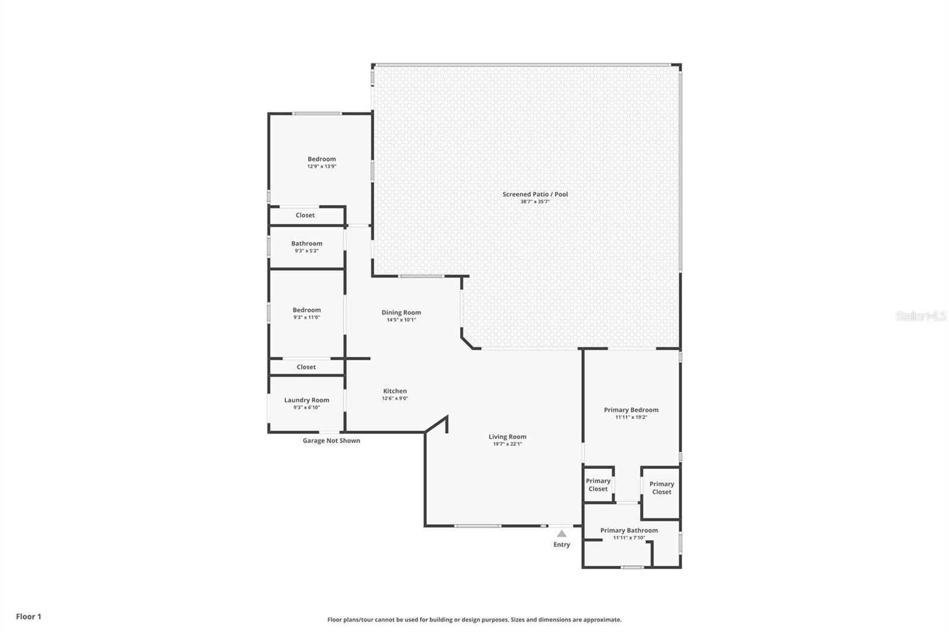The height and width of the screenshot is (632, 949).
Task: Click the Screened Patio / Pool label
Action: tap(535, 194)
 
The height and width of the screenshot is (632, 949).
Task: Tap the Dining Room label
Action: tap(401, 312)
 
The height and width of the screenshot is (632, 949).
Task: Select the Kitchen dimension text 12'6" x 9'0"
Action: tap(395, 398)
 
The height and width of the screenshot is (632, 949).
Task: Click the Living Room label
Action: tap(507, 437)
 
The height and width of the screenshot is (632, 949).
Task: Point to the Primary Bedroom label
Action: tap(631, 410)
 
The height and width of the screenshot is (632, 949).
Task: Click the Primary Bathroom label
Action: tap(629, 531)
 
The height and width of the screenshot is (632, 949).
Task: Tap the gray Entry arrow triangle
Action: tap(562, 534)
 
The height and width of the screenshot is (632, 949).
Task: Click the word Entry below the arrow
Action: tap(562, 545)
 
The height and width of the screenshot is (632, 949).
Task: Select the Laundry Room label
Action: tap(307, 400)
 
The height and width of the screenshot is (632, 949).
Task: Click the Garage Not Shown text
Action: tap(331, 441)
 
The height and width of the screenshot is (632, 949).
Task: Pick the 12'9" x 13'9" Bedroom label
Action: tap(321, 159)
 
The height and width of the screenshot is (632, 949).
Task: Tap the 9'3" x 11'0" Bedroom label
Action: tap(307, 310)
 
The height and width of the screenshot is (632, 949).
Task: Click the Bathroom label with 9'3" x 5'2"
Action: tap(307, 244)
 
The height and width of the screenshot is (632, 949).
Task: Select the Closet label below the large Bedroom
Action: tap(305, 215)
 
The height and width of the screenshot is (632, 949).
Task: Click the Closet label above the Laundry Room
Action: tap(306, 367)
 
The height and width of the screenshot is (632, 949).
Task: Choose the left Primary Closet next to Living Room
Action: tap(598, 485)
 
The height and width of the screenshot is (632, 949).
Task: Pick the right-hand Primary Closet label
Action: tap(661, 488)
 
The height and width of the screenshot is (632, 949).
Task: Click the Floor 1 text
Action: tap(28, 617)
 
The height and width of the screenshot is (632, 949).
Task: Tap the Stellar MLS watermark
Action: tap(921, 316)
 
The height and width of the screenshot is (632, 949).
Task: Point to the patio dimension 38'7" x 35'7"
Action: tap(535, 202)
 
